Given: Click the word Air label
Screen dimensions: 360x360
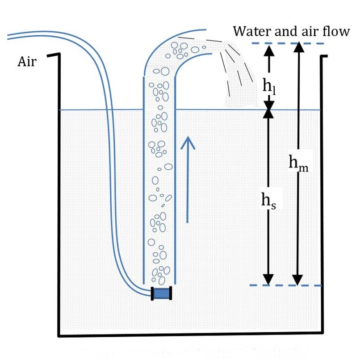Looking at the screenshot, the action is (x=27, y=61).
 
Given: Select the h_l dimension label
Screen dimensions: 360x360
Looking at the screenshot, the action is (x=269, y=87).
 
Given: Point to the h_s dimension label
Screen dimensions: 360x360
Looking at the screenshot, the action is (x=269, y=201).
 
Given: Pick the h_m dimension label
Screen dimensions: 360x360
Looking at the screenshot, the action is (x=298, y=163).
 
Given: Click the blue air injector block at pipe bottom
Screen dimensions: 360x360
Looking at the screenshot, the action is (x=161, y=293).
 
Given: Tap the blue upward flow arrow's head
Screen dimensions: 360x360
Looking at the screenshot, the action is (x=188, y=142).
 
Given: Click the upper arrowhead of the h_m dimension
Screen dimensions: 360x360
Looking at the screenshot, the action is (x=299, y=47).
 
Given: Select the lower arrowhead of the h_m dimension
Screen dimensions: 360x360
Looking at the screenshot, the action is (x=297, y=280).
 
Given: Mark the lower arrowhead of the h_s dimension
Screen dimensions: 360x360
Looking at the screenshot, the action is (x=268, y=280).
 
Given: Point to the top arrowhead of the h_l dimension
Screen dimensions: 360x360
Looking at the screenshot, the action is (x=269, y=50).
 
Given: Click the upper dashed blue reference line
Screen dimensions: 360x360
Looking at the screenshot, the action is (x=288, y=43).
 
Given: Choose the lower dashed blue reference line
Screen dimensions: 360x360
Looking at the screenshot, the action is (x=285, y=285).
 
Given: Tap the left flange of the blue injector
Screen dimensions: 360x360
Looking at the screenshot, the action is (x=152, y=293).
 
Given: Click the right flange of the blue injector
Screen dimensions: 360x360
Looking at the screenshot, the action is (x=170, y=293).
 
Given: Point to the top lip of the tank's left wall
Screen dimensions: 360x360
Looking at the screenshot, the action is (x=54, y=54).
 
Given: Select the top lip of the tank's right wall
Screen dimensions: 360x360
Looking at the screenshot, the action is (x=324, y=56).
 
